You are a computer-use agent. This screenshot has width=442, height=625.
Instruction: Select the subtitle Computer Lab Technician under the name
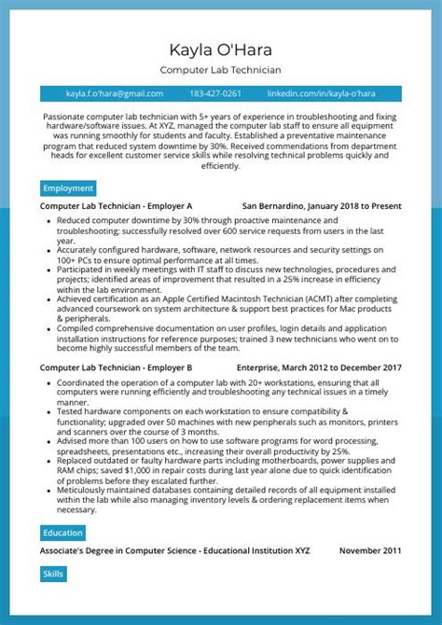coord(221,70)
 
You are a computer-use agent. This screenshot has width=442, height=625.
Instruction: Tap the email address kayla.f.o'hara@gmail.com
coord(115,93)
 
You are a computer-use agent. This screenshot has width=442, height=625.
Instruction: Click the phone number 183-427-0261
coord(215,93)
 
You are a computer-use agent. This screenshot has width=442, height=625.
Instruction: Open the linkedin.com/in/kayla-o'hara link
coord(321,93)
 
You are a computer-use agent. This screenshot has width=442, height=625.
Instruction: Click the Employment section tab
coord(68,187)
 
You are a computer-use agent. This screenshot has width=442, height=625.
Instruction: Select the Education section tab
coord(62,534)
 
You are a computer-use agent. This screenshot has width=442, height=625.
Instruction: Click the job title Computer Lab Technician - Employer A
coord(116,205)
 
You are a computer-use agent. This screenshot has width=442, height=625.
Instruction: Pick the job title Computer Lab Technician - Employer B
coord(116,368)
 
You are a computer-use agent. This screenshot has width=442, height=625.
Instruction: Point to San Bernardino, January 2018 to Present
coord(322,205)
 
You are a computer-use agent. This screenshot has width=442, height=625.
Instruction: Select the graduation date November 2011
coord(370,551)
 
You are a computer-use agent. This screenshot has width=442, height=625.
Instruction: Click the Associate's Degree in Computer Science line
coord(174,551)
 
